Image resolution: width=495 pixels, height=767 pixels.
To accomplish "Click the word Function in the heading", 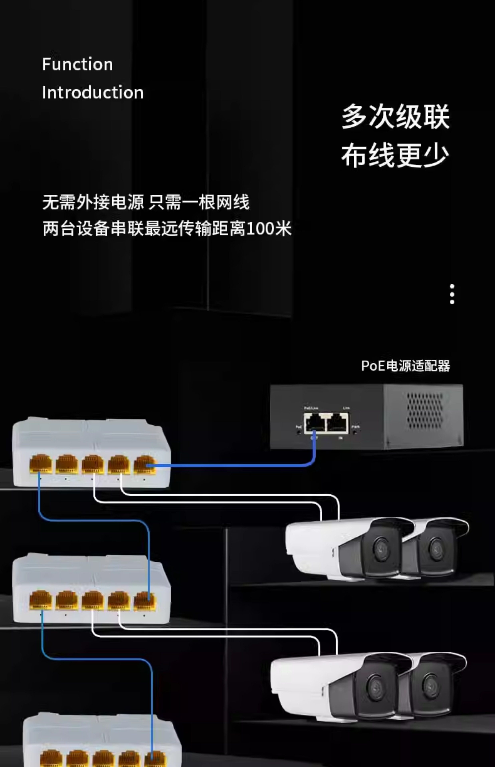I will tap(77, 64).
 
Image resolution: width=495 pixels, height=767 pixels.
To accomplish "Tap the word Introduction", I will tap(93, 93).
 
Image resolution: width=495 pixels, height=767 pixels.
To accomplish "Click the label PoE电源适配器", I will tap(405, 366).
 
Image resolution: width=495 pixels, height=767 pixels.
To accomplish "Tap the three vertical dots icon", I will tap(452, 294).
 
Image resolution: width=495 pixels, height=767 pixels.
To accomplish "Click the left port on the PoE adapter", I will tap(314, 422).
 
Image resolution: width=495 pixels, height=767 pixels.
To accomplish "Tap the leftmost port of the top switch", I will tap(41, 464).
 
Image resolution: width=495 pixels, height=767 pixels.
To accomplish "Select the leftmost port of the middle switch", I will tap(41, 600).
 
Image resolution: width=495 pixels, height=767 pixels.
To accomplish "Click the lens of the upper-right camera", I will tap(436, 547).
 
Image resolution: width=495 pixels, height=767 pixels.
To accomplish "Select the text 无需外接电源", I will tap(93, 202).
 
